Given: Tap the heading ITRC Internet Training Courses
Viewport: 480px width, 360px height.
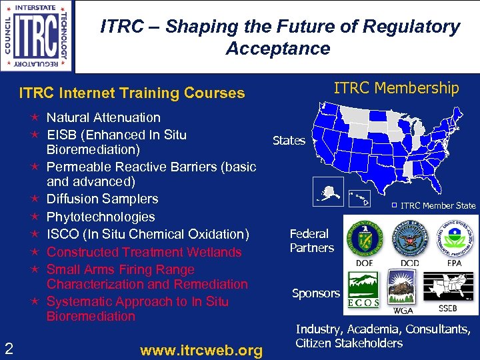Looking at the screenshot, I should pos(132,93).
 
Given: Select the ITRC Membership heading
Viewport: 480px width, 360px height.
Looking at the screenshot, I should pos(396,88).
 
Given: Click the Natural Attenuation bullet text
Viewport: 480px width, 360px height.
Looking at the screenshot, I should pos(103,117).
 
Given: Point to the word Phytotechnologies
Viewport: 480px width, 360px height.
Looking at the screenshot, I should pos(101,217).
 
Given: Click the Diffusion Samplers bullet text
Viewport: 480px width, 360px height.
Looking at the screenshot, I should pos(103,199).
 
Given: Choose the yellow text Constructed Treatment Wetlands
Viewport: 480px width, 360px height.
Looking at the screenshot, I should pos(144,252).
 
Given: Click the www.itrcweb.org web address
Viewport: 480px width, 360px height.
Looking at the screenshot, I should pos(201,350).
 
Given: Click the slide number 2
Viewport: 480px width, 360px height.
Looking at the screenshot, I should pos(9,347).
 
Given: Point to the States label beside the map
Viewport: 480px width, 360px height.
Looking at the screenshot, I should pos(289,141).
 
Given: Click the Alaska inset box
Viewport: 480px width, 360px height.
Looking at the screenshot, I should pos(328,191).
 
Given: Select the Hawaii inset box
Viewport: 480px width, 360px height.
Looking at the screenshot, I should pos(361,197).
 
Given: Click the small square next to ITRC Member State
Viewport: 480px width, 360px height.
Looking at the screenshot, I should pos(393,205).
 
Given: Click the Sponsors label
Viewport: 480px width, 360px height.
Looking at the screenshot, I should pos(316,293).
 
